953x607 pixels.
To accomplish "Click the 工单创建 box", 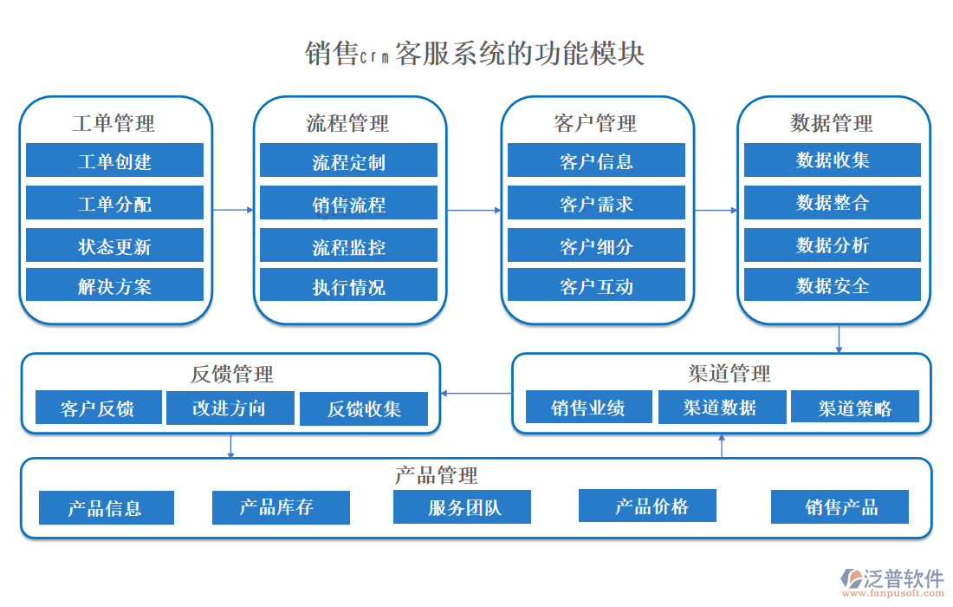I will click(x=114, y=161).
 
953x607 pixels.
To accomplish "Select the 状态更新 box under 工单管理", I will click(x=114, y=246).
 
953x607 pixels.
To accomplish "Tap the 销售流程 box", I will click(x=348, y=205).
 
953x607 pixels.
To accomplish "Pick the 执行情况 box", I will click(x=348, y=286).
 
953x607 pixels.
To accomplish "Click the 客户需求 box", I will click(x=596, y=204).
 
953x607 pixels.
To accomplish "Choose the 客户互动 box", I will click(x=596, y=286).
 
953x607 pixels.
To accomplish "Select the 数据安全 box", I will click(x=833, y=285).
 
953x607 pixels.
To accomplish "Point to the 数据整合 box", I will click(x=833, y=203).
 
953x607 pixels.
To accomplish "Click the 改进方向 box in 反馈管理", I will click(x=229, y=408).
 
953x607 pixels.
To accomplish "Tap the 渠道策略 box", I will click(x=855, y=408).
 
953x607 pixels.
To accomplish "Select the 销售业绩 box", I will click(x=588, y=407).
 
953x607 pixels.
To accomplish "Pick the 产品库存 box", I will click(x=281, y=507).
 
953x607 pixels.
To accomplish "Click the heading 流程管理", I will click(x=347, y=123).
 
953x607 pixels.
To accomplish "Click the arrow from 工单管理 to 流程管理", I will click(x=232, y=210).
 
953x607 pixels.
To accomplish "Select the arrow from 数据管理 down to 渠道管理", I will click(x=839, y=338).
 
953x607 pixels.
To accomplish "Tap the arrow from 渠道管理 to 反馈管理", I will click(x=476, y=394).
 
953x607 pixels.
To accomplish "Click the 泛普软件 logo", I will click(x=892, y=579).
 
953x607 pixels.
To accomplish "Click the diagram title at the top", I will click(x=475, y=54).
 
